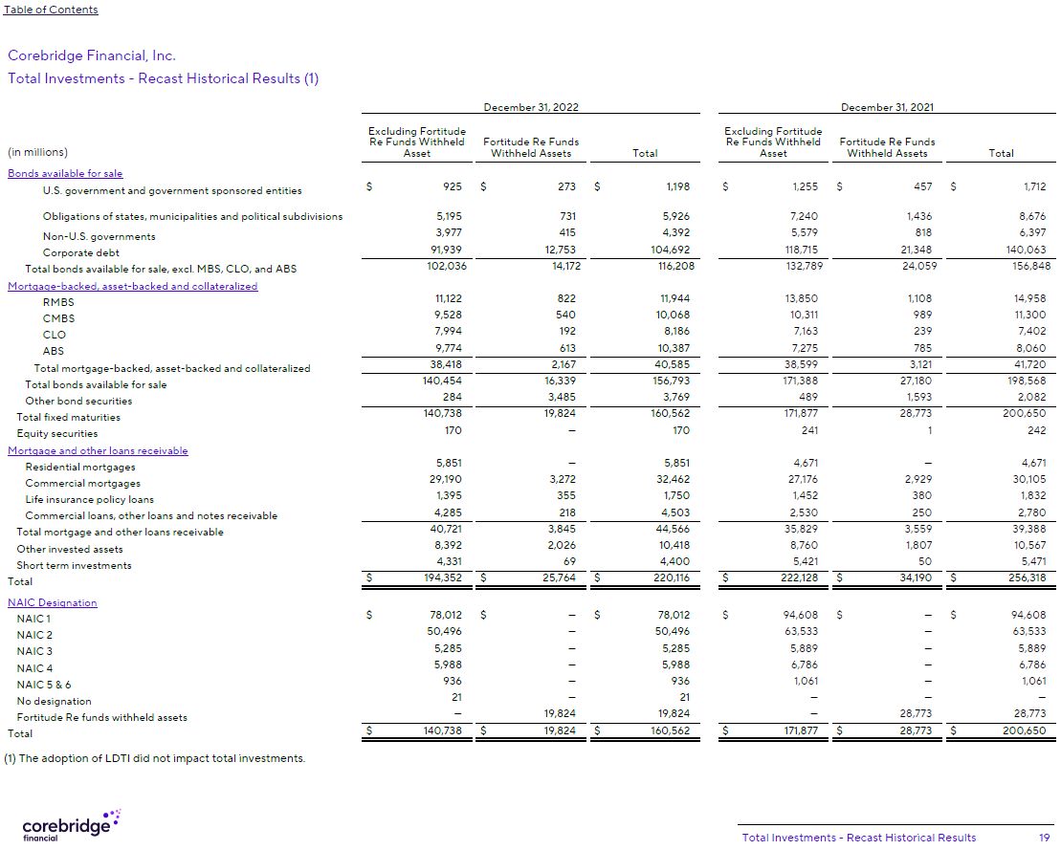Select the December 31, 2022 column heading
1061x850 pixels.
[531, 107]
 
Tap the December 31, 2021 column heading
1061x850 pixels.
[888, 107]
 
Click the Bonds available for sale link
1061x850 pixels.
[65, 174]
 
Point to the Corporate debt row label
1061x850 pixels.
[81, 252]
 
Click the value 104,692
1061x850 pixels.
[670, 252]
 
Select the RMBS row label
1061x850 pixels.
[58, 302]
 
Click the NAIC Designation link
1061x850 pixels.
[53, 602]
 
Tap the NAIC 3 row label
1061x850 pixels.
[35, 651]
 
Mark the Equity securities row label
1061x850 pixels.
[57, 433]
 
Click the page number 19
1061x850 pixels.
[1044, 838]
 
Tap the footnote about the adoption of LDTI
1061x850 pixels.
[155, 758]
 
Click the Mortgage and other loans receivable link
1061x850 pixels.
[98, 450]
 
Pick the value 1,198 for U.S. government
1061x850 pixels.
[675, 186]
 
